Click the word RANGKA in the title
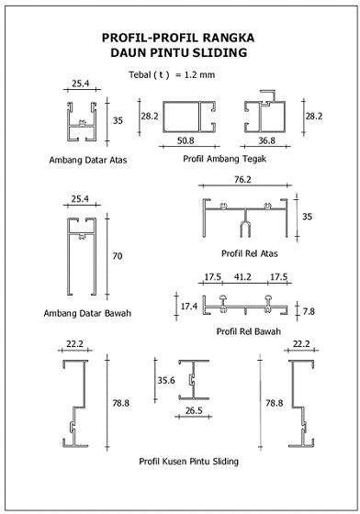(229, 38)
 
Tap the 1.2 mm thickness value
(199, 74)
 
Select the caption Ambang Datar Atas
(88, 160)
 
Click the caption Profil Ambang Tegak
(225, 159)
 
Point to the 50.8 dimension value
(186, 141)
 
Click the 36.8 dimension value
(266, 141)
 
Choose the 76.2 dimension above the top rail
(242, 180)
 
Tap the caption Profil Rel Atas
(250, 253)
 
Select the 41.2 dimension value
(242, 277)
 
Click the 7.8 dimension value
(309, 311)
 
